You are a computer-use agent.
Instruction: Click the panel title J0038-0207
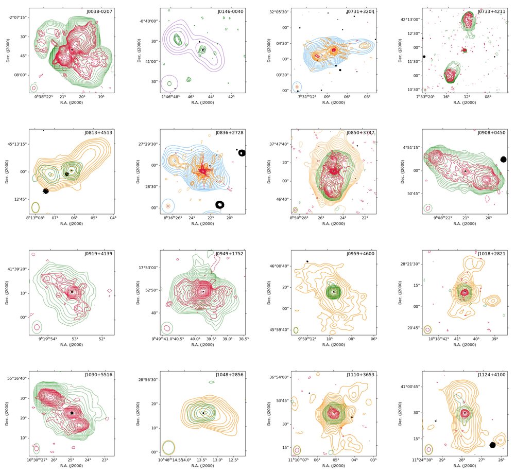pyautogui.click(x=97, y=11)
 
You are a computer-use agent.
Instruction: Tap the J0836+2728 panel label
pyautogui.click(x=228, y=132)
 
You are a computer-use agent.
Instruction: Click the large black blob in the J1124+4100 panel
pyautogui.click(x=493, y=445)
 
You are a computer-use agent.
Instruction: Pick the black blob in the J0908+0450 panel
pyautogui.click(x=503, y=160)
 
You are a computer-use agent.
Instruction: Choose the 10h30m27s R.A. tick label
pyautogui.click(x=37, y=460)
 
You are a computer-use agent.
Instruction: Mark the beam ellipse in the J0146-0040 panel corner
pyautogui.click(x=169, y=83)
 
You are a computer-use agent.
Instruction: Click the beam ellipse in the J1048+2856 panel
pyautogui.click(x=168, y=447)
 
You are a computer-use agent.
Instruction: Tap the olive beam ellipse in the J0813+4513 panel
pyautogui.click(x=36, y=207)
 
